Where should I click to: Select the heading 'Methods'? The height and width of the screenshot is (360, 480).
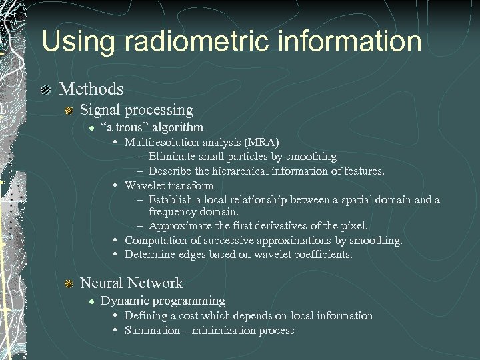click(x=91, y=89)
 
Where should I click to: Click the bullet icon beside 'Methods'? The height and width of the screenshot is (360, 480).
click(x=45, y=89)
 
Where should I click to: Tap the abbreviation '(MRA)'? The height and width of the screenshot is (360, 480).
click(x=263, y=142)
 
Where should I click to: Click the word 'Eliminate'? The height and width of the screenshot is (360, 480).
click(x=174, y=157)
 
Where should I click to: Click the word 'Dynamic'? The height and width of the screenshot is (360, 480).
click(x=123, y=301)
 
